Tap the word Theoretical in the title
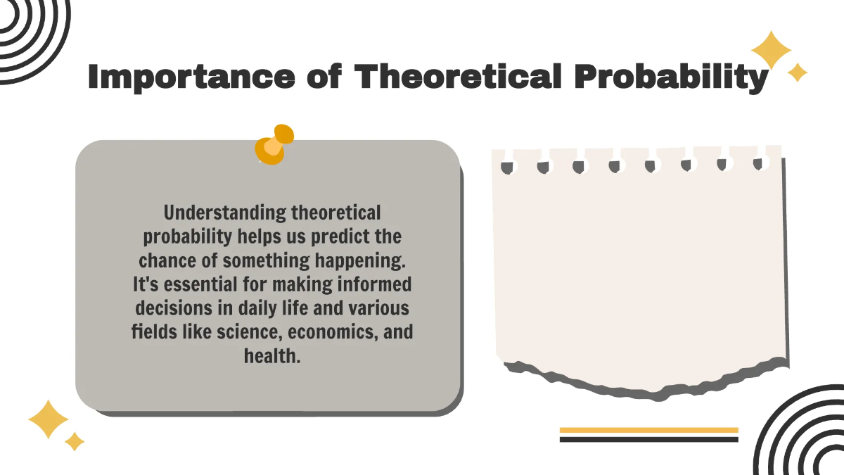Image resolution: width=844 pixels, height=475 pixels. coord(457,76)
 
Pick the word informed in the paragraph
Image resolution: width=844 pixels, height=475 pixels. coord(377,284)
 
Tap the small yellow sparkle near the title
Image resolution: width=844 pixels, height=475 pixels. coord(798,72)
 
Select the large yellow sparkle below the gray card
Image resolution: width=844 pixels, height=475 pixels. coord(48,420)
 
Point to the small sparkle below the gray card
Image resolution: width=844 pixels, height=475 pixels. coord(75,441)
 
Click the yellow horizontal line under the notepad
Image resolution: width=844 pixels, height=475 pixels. coord(648,430)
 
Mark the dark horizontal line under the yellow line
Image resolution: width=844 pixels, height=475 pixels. coord(648,439)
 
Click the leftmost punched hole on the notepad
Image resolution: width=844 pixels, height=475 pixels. coord(507,167)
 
